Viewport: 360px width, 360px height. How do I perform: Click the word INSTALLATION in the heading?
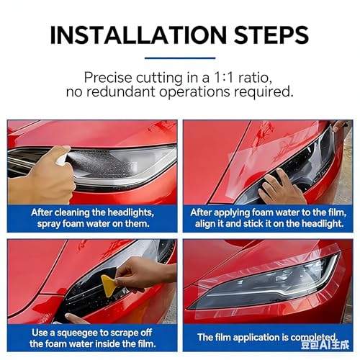tap(138, 35)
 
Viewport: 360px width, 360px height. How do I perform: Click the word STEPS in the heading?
tap(271, 35)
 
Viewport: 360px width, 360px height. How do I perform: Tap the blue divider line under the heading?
tap(180, 58)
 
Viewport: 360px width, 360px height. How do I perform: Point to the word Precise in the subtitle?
tap(108, 78)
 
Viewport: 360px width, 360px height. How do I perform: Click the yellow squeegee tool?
tap(110, 285)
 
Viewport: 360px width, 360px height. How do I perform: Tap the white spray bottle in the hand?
tap(62, 160)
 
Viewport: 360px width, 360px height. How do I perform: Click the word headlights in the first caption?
tap(130, 212)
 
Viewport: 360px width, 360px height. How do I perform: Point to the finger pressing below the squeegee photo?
tap(76, 319)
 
